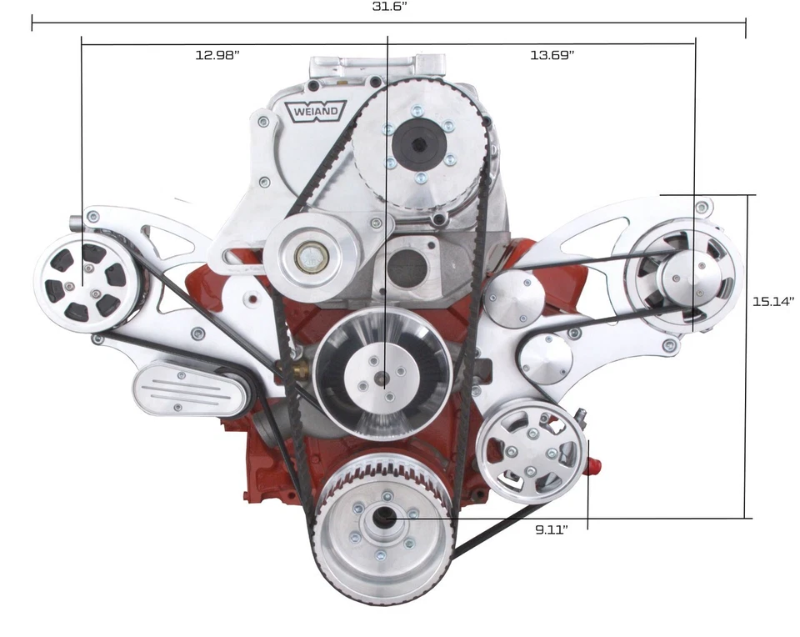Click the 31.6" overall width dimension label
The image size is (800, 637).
click(388, 7)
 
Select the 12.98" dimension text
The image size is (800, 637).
click(217, 55)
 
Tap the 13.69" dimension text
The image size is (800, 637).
click(552, 55)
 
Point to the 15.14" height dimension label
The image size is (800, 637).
click(773, 301)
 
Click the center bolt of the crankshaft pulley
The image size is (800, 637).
click(385, 518)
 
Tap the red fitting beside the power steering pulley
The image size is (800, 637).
click(592, 461)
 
